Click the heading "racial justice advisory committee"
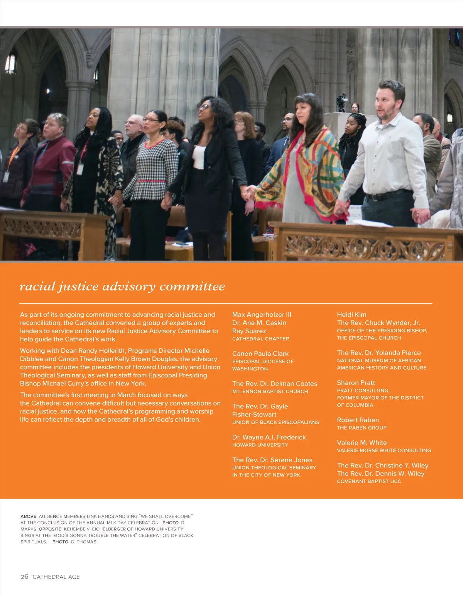(122, 286)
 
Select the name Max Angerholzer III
(262, 314)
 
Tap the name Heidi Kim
(351, 314)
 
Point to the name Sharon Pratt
(356, 382)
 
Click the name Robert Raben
(358, 420)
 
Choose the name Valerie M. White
(362, 443)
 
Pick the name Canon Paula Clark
(260, 353)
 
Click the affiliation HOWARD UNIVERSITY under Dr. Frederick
(260, 445)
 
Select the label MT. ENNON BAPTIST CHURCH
(270, 391)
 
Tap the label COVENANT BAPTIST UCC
(369, 481)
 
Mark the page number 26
(24, 577)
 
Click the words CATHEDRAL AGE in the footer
(56, 577)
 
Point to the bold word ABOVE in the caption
(28, 516)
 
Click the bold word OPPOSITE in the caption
(50, 529)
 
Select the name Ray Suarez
(249, 331)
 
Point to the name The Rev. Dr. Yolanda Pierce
(379, 353)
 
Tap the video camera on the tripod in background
(341, 101)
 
